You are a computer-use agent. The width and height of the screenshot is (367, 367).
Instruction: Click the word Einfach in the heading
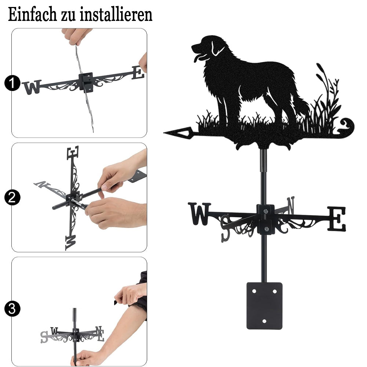[x=32, y=14]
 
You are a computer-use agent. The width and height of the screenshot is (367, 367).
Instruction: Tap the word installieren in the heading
[x=116, y=14]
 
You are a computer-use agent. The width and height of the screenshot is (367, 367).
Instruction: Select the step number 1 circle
[x=12, y=83]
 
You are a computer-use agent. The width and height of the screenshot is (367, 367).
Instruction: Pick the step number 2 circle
[x=12, y=197]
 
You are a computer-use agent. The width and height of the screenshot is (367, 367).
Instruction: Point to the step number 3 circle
[x=12, y=309]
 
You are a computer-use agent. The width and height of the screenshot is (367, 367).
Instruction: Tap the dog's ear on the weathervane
[x=217, y=49]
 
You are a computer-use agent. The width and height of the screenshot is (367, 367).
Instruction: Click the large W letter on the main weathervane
[x=199, y=214]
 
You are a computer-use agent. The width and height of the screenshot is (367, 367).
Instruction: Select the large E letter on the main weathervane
[x=336, y=218]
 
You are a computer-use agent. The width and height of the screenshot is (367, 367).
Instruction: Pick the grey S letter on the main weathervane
[x=226, y=228]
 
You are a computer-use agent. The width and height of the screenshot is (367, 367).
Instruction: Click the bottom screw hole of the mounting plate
[x=264, y=321]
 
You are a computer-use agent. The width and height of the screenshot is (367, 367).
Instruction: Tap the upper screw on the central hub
[x=265, y=211]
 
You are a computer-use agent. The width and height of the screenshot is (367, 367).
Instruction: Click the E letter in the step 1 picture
[x=138, y=73]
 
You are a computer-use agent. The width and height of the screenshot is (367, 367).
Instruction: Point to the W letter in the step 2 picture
[x=71, y=243]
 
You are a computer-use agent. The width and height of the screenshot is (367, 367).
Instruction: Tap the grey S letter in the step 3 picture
[x=44, y=337]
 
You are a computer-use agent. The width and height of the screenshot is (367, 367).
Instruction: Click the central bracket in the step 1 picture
[x=86, y=82]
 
